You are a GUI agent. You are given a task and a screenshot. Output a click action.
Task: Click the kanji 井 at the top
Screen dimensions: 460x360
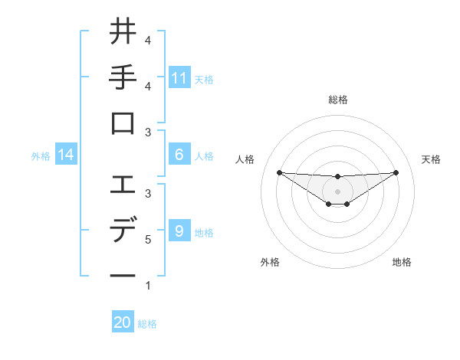(x=123, y=33)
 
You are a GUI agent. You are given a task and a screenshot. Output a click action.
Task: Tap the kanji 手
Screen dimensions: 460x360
(x=123, y=78)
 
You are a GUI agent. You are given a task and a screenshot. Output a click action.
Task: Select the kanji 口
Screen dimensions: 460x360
(x=123, y=124)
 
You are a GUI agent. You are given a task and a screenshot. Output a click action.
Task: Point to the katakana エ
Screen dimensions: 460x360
(x=123, y=185)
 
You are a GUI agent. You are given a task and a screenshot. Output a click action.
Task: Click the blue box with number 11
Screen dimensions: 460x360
(x=179, y=77)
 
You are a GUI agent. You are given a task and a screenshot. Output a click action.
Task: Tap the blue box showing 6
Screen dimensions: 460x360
(x=179, y=155)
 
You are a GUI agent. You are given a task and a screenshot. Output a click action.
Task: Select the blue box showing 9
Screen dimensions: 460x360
(x=179, y=231)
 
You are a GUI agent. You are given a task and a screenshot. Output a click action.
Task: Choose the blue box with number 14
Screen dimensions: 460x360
(x=66, y=155)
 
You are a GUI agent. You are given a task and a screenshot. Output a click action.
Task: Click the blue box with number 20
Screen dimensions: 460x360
(x=123, y=322)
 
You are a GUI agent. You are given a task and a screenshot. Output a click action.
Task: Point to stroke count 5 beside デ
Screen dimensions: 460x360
(x=147, y=240)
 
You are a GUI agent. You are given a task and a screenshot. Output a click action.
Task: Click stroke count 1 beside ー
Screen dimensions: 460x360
(x=147, y=286)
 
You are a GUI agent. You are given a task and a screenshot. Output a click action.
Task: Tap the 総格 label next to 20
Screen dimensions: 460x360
(x=147, y=324)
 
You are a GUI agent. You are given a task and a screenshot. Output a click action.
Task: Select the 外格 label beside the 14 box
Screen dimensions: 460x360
(x=41, y=156)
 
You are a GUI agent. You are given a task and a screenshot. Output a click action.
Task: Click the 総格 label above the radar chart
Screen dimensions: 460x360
(x=337, y=100)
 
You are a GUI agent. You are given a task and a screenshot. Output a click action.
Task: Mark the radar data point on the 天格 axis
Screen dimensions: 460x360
(x=396, y=172)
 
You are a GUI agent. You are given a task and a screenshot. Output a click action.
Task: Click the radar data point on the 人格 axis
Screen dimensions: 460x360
(x=279, y=172)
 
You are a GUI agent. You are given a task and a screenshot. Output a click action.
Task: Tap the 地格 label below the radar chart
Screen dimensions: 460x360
(x=402, y=262)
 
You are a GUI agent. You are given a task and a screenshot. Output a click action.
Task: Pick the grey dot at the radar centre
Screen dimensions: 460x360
(x=337, y=191)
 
